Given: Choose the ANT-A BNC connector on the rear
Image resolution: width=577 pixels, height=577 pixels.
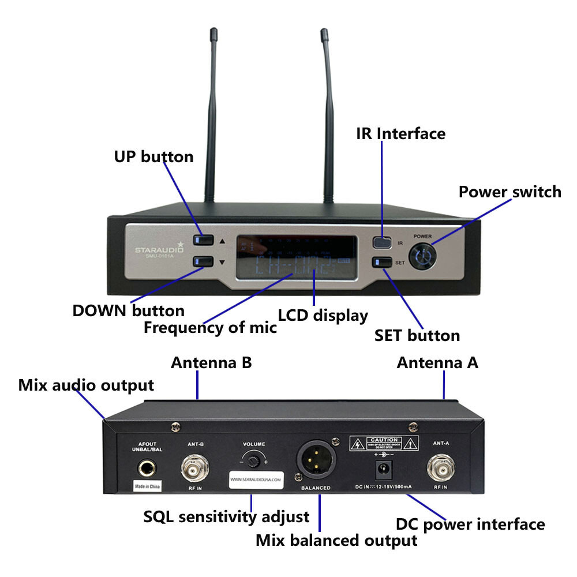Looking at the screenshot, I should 440,470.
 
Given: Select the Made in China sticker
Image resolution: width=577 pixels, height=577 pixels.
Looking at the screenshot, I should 147,486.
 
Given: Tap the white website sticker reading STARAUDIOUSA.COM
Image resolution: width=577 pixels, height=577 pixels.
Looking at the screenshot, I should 256,479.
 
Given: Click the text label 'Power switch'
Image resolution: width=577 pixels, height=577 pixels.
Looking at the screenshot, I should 509,192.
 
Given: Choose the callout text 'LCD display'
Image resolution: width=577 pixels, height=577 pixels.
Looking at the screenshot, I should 323,316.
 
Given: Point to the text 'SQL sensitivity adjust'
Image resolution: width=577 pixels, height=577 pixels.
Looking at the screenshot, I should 226,516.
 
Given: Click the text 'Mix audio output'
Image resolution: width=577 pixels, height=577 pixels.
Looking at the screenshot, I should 86,385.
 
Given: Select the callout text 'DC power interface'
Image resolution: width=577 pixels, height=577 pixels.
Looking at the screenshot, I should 470,524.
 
